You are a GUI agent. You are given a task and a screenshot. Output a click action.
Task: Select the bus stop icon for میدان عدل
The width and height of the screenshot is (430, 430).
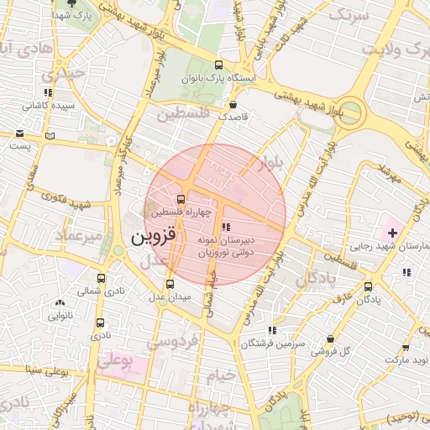(170, 284)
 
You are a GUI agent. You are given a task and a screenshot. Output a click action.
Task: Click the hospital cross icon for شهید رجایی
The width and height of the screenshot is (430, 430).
(391, 232)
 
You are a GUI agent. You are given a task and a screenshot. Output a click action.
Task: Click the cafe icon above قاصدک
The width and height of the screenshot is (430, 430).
(233, 105)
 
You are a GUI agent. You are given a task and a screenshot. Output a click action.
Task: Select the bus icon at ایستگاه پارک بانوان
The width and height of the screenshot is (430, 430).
(218, 66)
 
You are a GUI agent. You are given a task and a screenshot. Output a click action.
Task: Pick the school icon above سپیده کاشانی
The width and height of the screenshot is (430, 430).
(48, 92)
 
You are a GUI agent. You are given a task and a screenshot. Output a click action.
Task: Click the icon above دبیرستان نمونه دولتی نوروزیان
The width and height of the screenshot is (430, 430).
(224, 227)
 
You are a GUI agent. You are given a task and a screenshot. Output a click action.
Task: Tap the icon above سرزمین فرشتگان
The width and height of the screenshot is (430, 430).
(270, 331)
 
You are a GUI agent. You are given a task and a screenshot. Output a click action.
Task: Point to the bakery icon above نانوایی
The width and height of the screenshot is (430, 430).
(59, 304)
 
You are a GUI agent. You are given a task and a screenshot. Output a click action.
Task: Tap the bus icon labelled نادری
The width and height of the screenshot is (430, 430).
(100, 322)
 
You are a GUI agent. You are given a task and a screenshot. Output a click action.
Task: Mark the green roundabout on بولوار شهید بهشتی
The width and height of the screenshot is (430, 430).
(352, 112)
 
